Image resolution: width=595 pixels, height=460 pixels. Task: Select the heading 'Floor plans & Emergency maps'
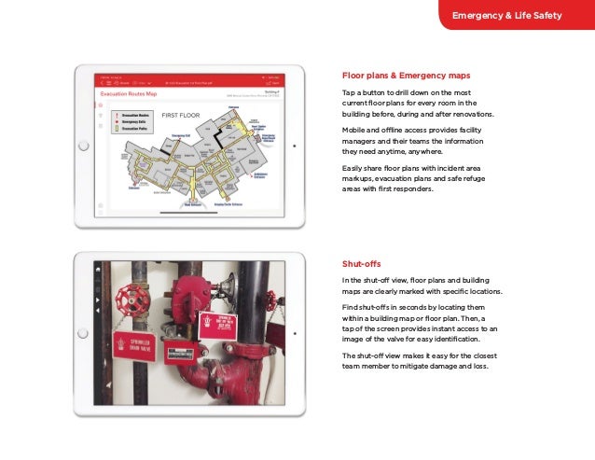406,76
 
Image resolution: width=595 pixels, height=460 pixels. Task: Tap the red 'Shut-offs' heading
362,263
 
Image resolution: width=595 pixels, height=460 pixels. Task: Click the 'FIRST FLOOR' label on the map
183,115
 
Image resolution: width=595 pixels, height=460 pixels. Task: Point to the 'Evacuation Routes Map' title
129,94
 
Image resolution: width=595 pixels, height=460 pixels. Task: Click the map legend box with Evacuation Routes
128,122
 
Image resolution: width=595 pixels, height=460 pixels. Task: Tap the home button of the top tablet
83,146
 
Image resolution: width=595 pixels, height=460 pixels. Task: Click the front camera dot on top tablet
295,146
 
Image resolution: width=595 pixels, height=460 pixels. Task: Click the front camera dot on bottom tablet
295,333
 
